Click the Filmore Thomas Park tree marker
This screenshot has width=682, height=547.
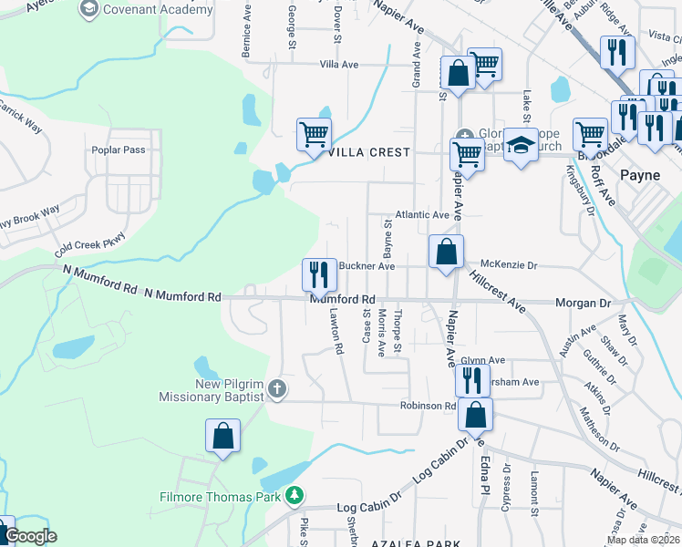pos(294,496)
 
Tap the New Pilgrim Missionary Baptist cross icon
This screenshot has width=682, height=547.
pos(278,390)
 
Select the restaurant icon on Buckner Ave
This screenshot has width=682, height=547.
pos(318,273)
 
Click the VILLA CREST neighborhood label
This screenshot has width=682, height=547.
pos(369,152)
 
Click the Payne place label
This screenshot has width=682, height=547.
pos(639,173)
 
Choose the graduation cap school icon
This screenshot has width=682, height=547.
pos(521,145)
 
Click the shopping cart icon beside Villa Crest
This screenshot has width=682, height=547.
pos(314,134)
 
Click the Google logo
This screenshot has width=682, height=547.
pos(31,537)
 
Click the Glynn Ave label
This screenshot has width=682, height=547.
pos(483,360)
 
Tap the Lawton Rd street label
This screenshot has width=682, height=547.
pos(335,330)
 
